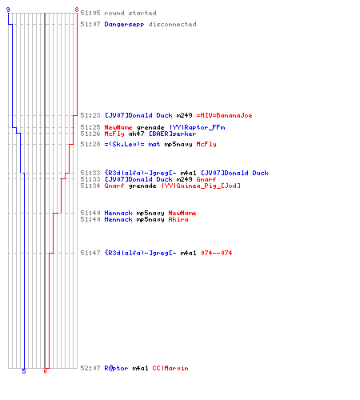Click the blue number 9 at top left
8,10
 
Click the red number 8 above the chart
77,10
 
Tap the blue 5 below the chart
24,371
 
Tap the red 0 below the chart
45,371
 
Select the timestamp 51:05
90,13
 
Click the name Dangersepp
124,24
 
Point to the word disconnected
172,24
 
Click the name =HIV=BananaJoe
224,115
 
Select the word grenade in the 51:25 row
150,127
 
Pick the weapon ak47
136,134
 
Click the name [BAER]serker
172,134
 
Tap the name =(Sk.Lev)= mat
132,144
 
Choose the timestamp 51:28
90,144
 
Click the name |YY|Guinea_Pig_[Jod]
201,186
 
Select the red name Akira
178,219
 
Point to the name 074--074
216,253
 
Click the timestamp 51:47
90,253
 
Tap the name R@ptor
116,368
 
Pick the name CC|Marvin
170,368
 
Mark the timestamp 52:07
90,368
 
